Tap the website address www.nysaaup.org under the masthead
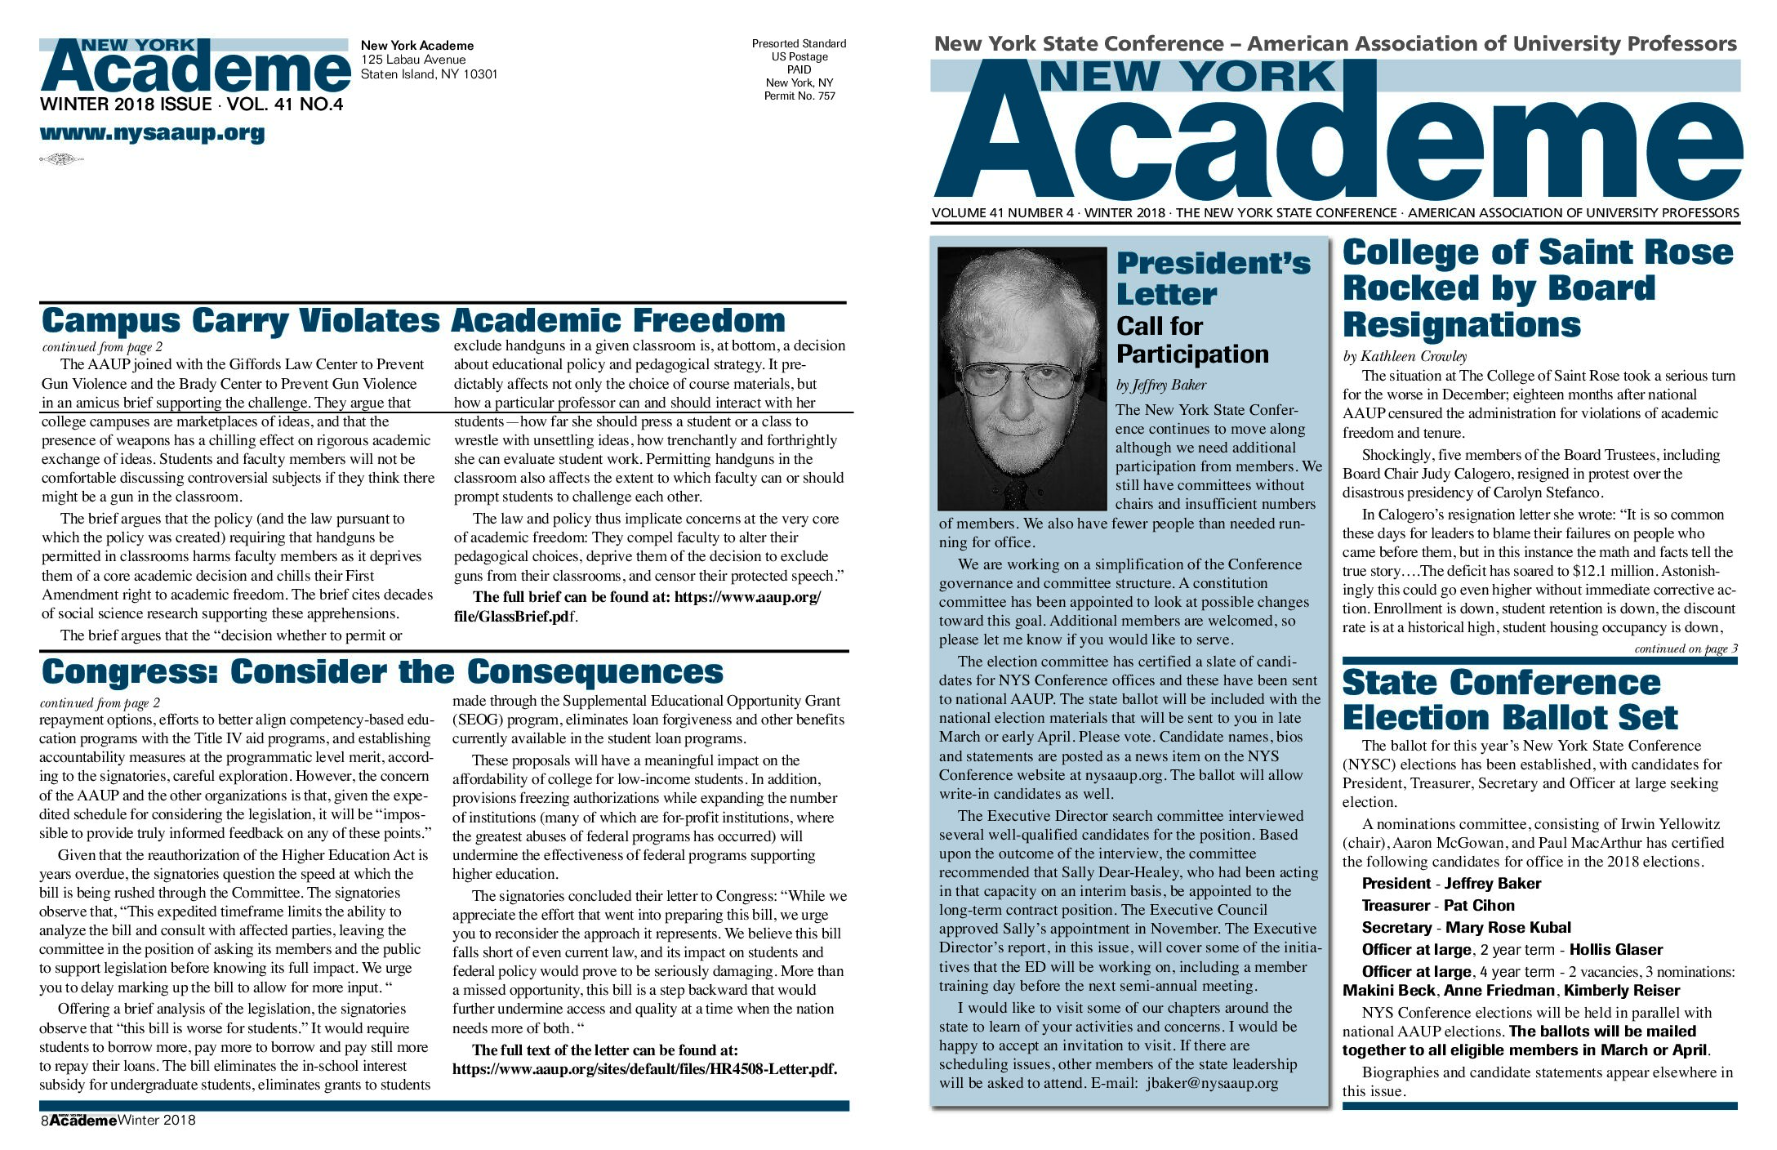(152, 133)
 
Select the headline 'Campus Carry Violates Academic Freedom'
(413, 321)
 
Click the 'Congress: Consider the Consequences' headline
(382, 672)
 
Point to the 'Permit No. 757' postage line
(799, 96)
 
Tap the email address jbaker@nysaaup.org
(1212, 1083)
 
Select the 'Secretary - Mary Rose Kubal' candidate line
(1466, 927)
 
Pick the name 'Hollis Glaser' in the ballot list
(1615, 949)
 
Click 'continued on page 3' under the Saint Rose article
(1686, 649)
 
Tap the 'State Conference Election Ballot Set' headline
(1509, 700)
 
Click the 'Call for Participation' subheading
(1191, 340)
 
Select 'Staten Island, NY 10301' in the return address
(429, 74)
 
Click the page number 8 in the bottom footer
(45, 1121)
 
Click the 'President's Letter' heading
(1213, 279)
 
